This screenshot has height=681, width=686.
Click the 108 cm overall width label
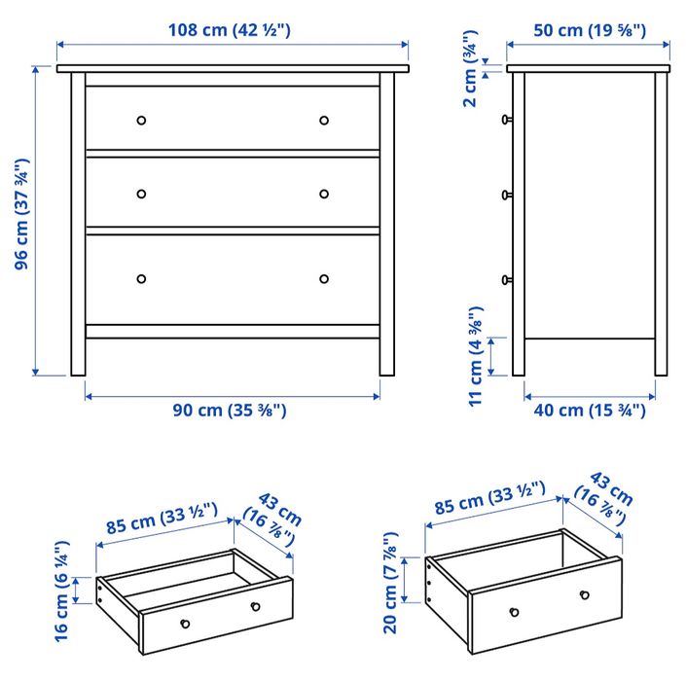[231, 30]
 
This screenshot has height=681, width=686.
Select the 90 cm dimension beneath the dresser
[230, 410]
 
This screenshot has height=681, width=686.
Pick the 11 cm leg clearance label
[476, 357]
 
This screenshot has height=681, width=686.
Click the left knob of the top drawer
[141, 121]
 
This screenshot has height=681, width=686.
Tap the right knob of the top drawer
[324, 121]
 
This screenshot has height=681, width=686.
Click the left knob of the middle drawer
[141, 194]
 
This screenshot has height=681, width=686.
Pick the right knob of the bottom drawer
[324, 279]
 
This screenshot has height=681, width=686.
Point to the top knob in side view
[506, 120]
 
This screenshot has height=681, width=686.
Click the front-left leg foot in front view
[78, 370]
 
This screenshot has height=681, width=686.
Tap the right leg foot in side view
[661, 370]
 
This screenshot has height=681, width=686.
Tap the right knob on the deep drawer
[584, 594]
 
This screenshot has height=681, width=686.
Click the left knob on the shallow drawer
[186, 624]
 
